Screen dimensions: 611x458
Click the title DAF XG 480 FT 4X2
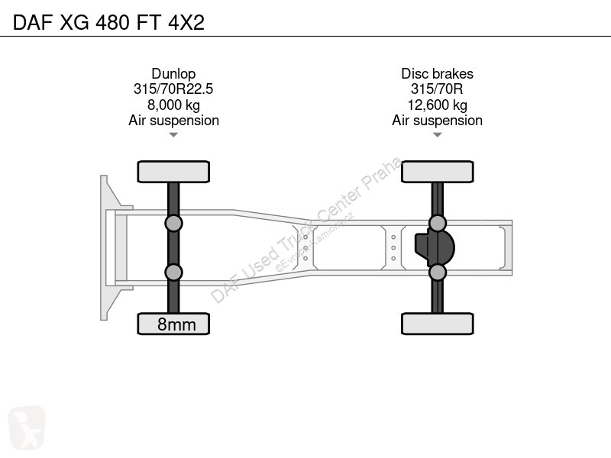tap(108, 22)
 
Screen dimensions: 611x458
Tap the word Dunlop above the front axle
tap(173, 73)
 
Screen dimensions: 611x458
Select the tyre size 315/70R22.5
tap(173, 89)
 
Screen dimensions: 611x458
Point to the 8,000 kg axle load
tap(173, 105)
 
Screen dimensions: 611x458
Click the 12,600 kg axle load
tap(437, 105)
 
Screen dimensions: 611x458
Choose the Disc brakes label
tap(437, 73)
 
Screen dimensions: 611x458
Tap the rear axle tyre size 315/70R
tap(437, 89)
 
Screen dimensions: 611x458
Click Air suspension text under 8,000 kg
tap(173, 121)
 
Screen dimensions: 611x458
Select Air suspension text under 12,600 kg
tap(437, 121)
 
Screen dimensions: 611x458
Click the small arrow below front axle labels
tap(173, 135)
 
